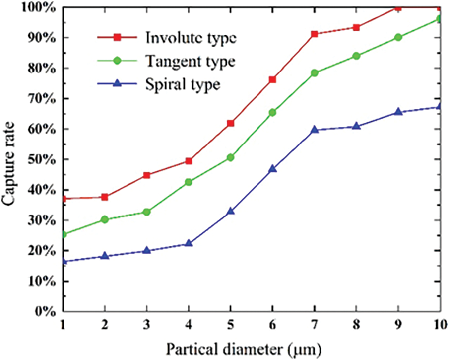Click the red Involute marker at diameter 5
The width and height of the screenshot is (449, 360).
point(230,123)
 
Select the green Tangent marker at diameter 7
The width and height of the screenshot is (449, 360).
point(314,73)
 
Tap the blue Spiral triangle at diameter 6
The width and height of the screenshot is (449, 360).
point(272,169)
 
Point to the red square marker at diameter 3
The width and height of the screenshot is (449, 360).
point(146,175)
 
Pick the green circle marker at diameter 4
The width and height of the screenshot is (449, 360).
point(189,182)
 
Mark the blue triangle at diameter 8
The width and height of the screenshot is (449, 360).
point(356,126)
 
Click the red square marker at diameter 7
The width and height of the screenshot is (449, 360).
point(314,34)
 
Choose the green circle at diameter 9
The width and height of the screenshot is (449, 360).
point(398,37)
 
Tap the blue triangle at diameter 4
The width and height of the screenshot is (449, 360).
point(189,243)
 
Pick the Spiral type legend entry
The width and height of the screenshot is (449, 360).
point(182,84)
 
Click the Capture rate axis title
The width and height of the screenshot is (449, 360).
point(10,159)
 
